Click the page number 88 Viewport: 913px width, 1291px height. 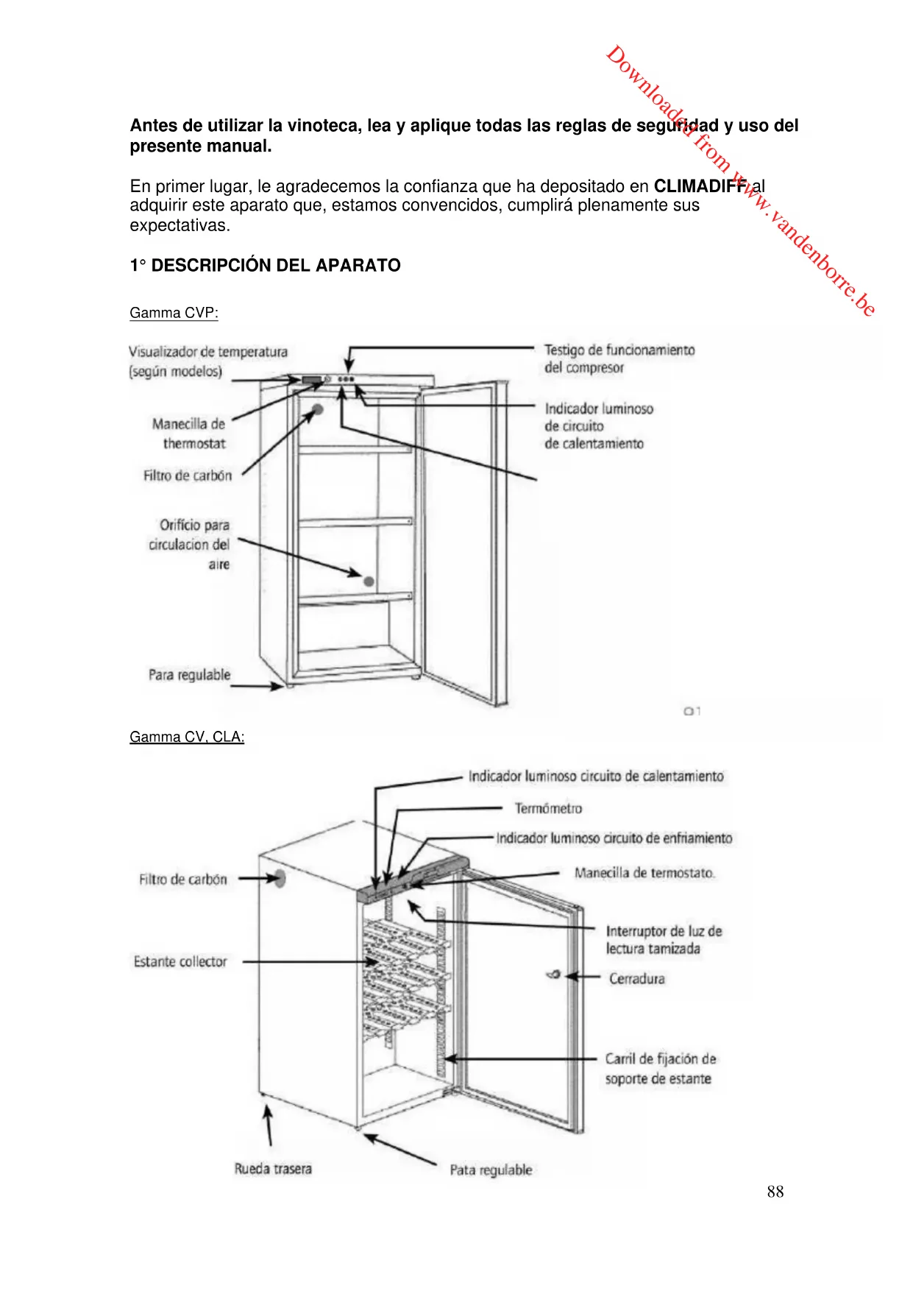775,1192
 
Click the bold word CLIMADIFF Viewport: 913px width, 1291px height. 700,186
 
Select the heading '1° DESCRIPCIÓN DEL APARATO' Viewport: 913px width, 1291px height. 265,266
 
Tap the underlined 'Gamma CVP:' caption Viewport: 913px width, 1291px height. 174,313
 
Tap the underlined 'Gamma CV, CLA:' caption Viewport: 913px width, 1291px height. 187,737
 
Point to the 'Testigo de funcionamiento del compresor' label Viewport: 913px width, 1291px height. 619,358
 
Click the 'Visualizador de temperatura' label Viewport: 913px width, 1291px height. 207,353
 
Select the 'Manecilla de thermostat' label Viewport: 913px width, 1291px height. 189,434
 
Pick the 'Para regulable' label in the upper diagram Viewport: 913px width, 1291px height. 189,675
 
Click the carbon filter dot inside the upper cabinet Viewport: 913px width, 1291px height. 318,409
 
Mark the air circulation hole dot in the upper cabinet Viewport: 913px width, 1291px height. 369,581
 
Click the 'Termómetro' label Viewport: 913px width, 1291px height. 548,809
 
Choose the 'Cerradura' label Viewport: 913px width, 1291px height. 636,979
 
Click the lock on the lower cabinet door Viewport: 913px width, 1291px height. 554,975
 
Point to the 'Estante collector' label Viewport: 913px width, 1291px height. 180,961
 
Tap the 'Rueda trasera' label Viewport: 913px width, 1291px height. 273,1169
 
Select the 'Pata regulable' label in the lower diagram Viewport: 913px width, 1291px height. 491,1170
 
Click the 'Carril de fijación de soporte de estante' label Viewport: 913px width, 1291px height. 660,1069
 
